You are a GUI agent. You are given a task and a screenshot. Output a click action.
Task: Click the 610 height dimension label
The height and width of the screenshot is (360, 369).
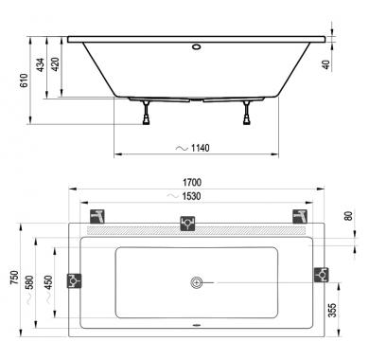(25, 81)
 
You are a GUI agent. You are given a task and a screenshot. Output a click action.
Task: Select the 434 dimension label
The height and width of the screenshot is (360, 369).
(41, 64)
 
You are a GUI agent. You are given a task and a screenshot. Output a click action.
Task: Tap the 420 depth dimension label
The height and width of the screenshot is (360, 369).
(56, 64)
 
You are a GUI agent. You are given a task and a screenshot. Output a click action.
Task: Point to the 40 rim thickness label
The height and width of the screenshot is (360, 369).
(327, 64)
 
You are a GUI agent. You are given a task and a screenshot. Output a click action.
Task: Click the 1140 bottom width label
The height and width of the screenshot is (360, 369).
(200, 148)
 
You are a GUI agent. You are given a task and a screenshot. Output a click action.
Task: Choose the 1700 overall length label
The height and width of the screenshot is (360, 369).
(192, 182)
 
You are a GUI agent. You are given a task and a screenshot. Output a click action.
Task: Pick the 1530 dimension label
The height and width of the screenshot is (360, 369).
(191, 196)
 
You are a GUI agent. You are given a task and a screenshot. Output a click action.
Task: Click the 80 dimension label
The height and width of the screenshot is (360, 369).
(348, 216)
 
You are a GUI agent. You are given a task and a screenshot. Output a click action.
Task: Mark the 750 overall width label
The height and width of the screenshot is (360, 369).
(14, 278)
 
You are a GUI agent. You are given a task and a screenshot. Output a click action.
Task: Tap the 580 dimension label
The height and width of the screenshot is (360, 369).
(29, 282)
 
